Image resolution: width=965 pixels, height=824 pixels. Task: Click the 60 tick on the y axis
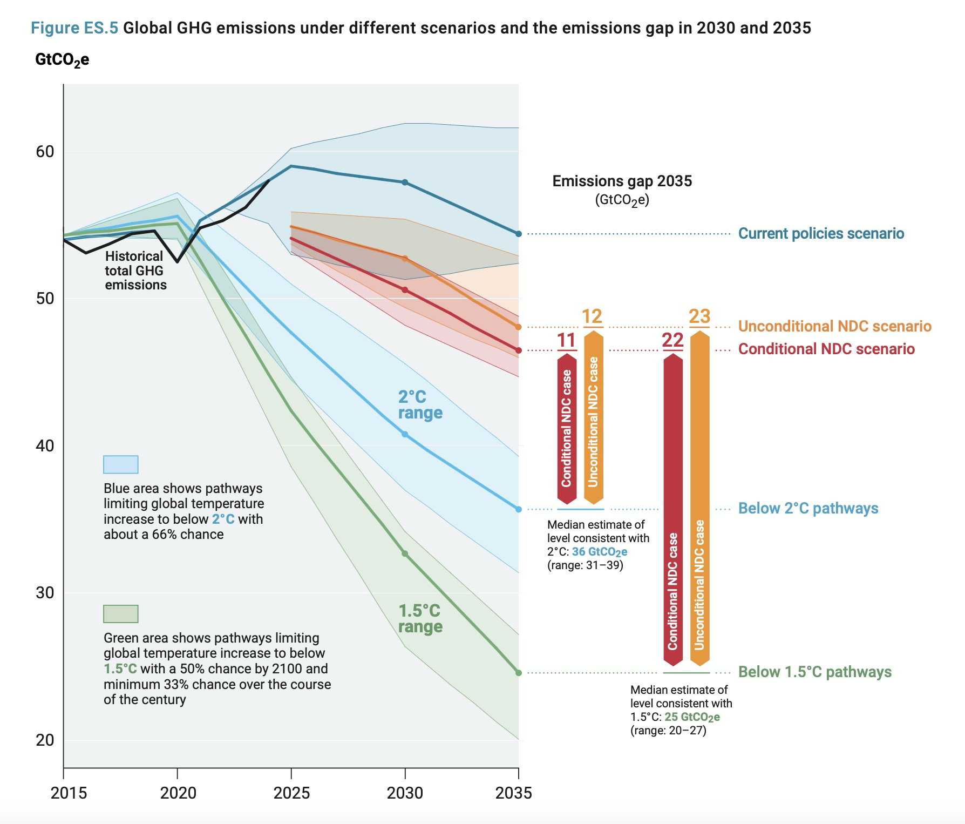45,151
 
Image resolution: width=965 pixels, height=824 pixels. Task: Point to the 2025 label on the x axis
292,793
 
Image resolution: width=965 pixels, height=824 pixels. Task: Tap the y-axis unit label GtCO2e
62,60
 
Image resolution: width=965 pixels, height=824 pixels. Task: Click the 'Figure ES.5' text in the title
74,28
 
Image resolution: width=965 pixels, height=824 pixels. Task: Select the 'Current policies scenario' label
821,233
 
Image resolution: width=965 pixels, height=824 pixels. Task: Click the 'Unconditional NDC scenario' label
834,326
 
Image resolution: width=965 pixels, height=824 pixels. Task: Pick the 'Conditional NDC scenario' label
826,349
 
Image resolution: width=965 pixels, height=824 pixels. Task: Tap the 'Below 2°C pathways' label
808,508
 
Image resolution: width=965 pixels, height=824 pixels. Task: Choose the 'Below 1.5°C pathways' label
814,672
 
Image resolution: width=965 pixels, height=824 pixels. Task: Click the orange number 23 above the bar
699,316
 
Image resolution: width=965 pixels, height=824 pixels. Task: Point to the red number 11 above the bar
566,340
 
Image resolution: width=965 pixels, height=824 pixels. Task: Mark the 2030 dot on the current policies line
405,183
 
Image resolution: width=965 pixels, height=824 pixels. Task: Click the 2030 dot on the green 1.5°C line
405,553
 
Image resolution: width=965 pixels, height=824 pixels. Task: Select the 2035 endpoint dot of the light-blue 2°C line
519,509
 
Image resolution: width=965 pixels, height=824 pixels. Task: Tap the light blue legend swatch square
120,464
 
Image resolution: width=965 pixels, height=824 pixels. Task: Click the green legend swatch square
120,614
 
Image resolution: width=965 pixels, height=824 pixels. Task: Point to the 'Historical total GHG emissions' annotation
135,271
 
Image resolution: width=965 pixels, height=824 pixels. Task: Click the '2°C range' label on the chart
420,405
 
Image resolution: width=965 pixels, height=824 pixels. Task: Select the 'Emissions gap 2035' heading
622,181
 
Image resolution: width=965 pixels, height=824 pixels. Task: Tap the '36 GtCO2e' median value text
600,552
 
